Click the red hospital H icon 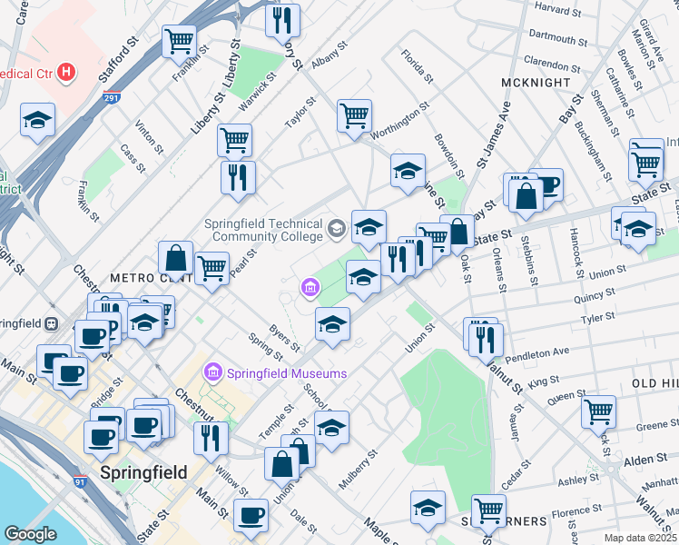tap(65, 71)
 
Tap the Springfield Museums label tap(286, 373)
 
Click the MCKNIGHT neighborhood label tap(536, 82)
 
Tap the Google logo tap(30, 534)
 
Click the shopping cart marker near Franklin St tap(179, 41)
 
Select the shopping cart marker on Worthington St tap(354, 115)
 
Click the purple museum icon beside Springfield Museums tap(213, 372)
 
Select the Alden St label tap(645, 461)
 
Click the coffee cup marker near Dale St tap(251, 515)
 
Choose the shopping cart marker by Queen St tap(598, 411)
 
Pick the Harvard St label tap(557, 10)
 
